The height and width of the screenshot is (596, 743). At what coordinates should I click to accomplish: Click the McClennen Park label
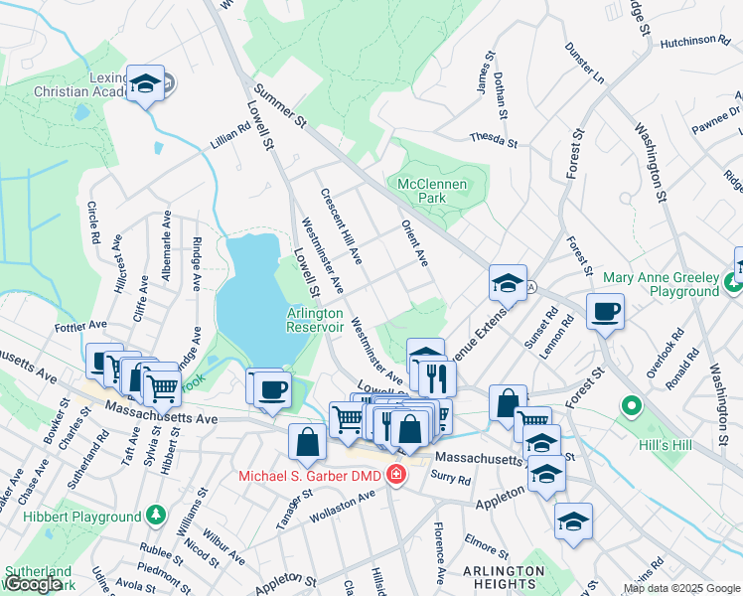(x=435, y=191)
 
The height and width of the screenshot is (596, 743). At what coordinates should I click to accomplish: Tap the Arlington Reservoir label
(x=315, y=320)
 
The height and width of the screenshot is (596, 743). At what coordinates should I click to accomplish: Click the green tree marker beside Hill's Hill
(x=630, y=406)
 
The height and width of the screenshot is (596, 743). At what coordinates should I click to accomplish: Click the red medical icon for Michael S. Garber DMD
(x=396, y=476)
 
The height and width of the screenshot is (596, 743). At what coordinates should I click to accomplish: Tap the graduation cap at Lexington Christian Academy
(x=145, y=85)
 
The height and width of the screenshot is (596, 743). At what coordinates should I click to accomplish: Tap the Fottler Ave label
(x=82, y=325)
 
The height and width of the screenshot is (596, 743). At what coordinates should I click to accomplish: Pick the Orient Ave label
(x=414, y=243)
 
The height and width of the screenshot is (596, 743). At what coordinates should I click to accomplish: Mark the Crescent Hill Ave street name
(x=341, y=226)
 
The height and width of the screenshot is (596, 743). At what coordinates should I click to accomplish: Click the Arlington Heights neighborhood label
(x=504, y=578)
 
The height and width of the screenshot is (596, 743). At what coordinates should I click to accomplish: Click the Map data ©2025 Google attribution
(x=681, y=588)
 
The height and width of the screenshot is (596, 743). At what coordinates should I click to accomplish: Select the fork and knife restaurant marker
(x=434, y=377)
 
